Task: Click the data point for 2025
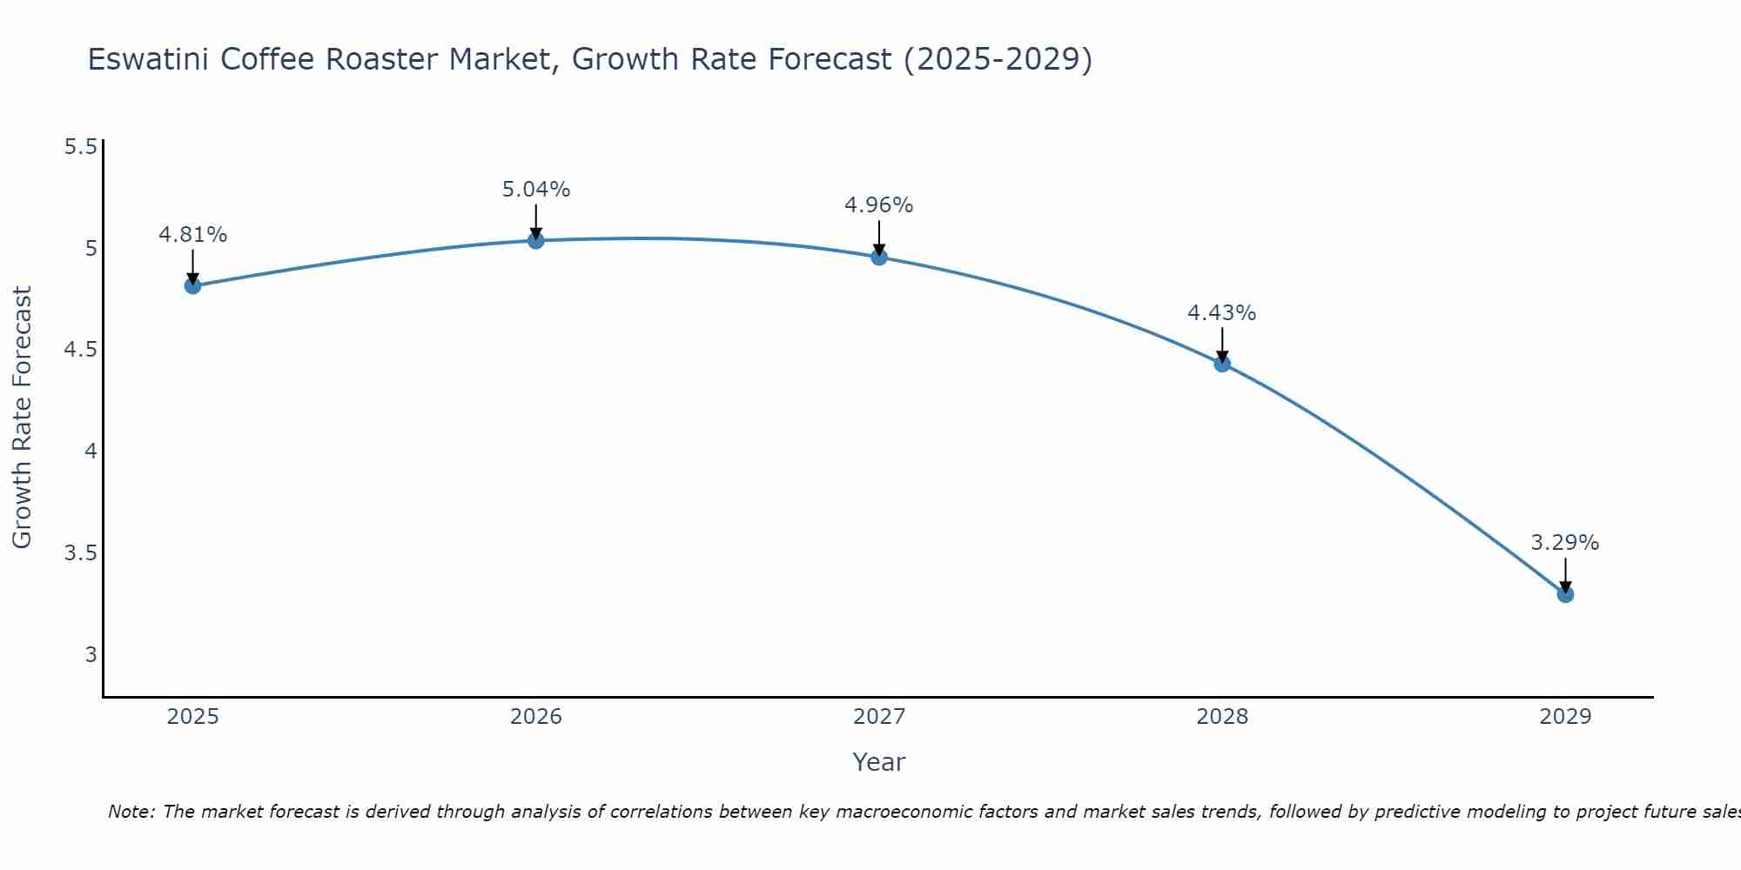click(x=193, y=285)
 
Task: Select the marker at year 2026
click(x=536, y=240)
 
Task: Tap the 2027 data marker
click(x=879, y=257)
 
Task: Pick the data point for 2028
click(x=1222, y=364)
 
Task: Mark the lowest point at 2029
click(x=1565, y=594)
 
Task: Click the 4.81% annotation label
click(x=193, y=235)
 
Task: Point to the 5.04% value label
click(x=536, y=190)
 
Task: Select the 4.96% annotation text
click(x=879, y=205)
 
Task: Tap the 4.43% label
click(x=1222, y=313)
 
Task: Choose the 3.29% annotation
click(x=1565, y=543)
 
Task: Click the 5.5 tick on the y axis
click(x=81, y=146)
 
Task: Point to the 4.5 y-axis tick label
click(x=81, y=350)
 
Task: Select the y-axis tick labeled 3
click(x=91, y=654)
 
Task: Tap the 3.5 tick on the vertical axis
click(x=81, y=553)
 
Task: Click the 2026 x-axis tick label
click(x=536, y=717)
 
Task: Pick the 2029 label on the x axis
click(x=1565, y=717)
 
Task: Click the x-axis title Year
click(x=879, y=762)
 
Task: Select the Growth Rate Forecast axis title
click(x=22, y=418)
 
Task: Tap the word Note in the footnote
click(x=130, y=812)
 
